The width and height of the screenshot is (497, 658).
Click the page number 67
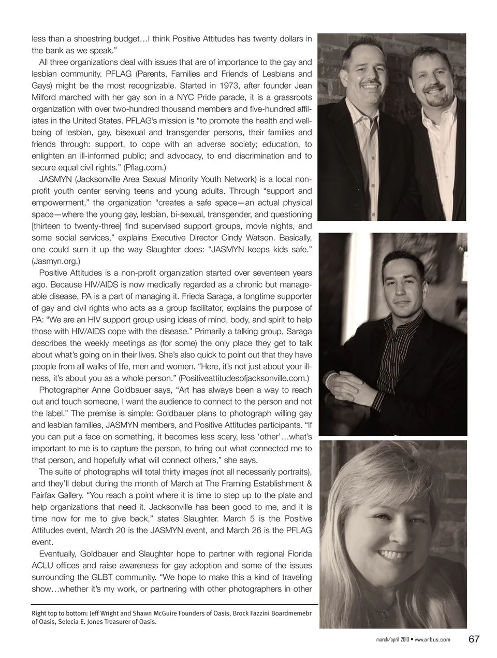pyautogui.click(x=474, y=639)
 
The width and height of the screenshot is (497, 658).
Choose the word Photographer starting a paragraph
pyautogui.click(x=61, y=390)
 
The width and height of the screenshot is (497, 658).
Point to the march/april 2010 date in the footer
pyautogui.click(x=392, y=639)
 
